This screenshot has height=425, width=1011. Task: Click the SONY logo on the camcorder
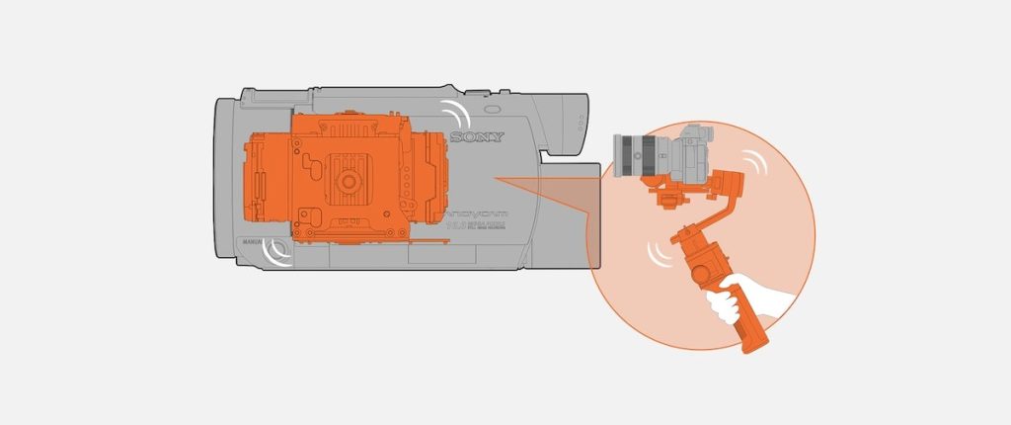click(477, 136)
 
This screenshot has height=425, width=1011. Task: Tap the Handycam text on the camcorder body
click(476, 211)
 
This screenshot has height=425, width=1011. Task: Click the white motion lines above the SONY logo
click(456, 110)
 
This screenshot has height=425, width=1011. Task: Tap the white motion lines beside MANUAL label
click(278, 253)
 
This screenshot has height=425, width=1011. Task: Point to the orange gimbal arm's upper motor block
click(729, 184)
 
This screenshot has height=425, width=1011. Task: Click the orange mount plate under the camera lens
click(662, 185)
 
